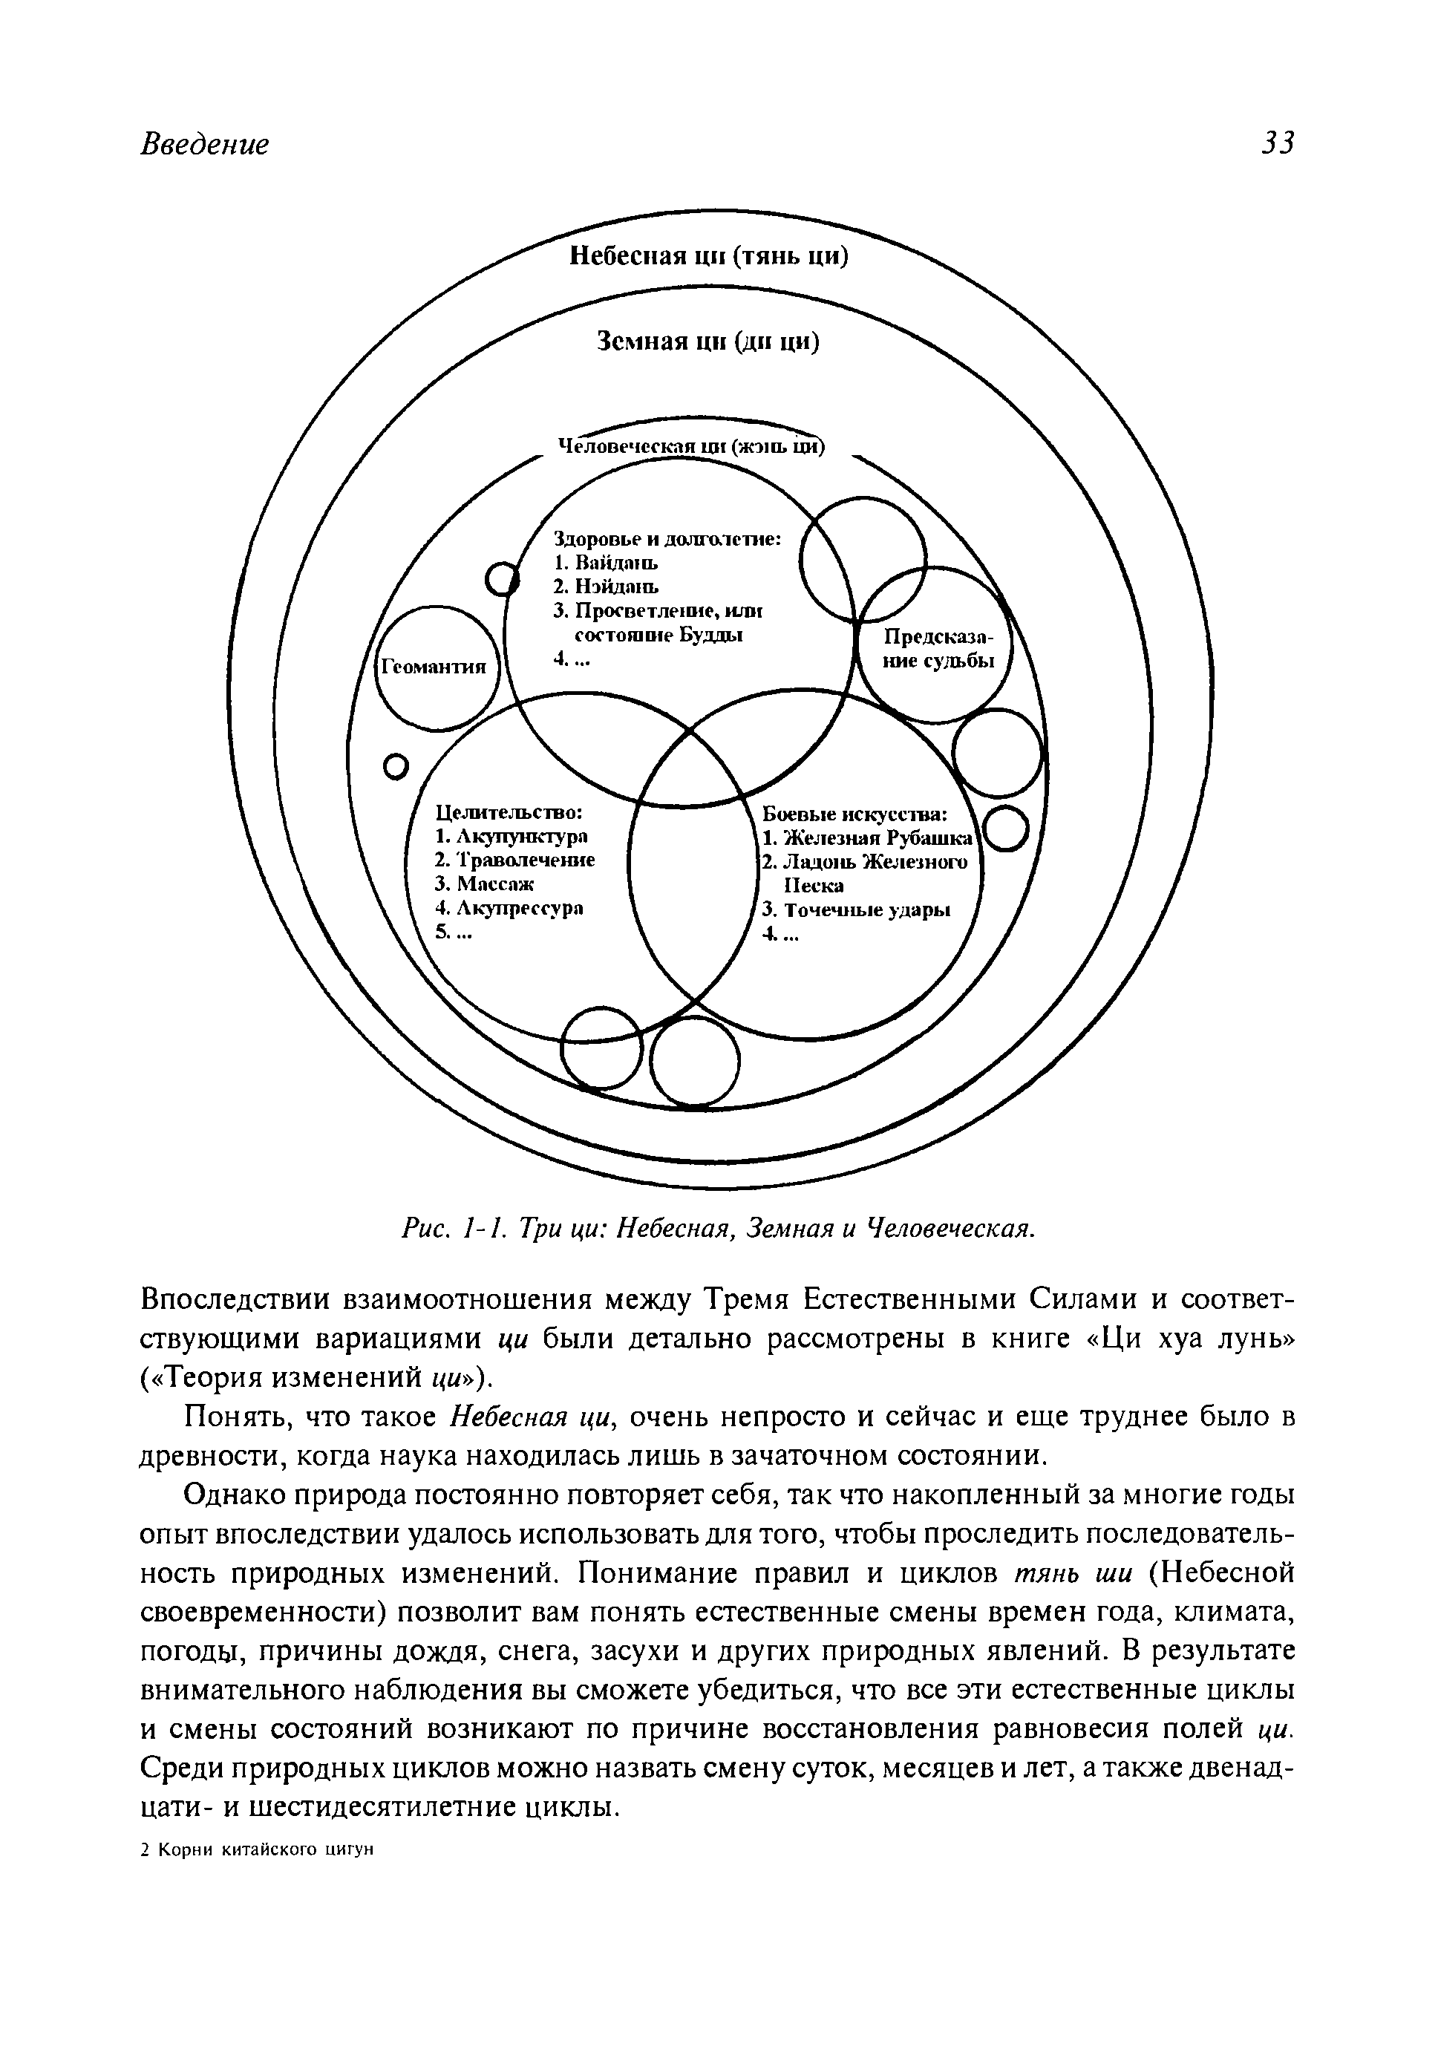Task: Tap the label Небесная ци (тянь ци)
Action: [x=709, y=257]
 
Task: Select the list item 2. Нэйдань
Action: [x=606, y=587]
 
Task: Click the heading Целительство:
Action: [x=510, y=812]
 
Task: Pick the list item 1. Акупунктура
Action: [x=511, y=837]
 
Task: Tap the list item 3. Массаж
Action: [x=484, y=883]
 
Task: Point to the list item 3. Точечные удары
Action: [x=855, y=910]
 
